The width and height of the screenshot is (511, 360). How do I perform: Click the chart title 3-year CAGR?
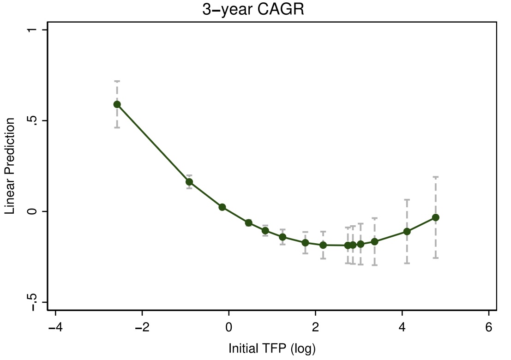(x=253, y=10)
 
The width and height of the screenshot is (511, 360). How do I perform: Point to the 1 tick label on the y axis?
(x=32, y=30)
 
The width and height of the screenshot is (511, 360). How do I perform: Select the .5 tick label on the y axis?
(x=32, y=121)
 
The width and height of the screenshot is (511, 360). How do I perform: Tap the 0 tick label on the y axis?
(x=32, y=211)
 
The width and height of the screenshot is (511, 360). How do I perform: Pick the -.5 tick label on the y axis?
(x=32, y=302)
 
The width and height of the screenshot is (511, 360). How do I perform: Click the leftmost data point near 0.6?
(x=117, y=104)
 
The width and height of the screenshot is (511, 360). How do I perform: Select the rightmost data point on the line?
(x=435, y=217)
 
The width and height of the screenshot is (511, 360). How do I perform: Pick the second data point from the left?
(x=189, y=182)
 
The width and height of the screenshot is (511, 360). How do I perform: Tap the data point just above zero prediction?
(x=222, y=207)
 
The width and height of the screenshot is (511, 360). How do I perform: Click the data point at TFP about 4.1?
(x=407, y=231)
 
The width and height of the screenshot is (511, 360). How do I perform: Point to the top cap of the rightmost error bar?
(x=435, y=177)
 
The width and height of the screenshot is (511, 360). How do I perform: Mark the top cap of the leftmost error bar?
(x=117, y=81)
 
